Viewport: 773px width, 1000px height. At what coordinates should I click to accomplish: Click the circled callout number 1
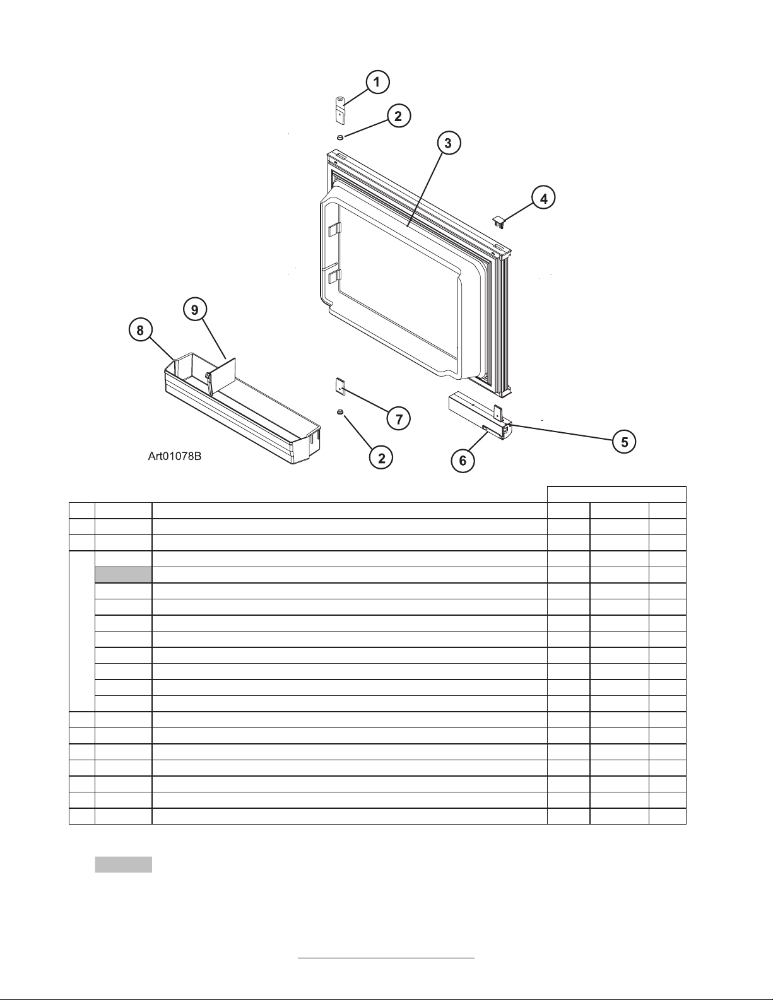pyautogui.click(x=377, y=83)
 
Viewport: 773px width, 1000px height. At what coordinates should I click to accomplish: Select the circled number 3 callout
pyautogui.click(x=448, y=143)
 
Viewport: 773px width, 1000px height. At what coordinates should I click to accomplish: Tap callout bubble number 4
pyautogui.click(x=543, y=198)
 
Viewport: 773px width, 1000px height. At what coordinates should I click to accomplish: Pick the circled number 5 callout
pyautogui.click(x=624, y=442)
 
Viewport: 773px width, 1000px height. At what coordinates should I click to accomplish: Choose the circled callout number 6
pyautogui.click(x=463, y=460)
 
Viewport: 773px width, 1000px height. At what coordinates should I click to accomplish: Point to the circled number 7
pyautogui.click(x=398, y=419)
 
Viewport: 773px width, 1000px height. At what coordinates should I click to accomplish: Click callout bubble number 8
pyautogui.click(x=140, y=330)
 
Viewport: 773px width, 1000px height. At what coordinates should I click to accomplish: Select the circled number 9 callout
pyautogui.click(x=195, y=310)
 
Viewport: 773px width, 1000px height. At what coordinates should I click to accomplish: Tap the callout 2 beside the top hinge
pyautogui.click(x=398, y=116)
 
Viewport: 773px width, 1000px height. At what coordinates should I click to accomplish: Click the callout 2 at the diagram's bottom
pyautogui.click(x=381, y=458)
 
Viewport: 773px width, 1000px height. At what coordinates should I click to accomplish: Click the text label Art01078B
pyautogui.click(x=174, y=456)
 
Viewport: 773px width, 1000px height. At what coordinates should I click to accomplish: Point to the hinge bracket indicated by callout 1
pyautogui.click(x=339, y=110)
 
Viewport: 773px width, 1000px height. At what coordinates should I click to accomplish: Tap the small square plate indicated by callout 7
pyautogui.click(x=341, y=385)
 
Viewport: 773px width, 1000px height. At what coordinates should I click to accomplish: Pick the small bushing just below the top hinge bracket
pyautogui.click(x=340, y=137)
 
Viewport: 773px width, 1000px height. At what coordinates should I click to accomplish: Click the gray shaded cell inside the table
pyautogui.click(x=123, y=575)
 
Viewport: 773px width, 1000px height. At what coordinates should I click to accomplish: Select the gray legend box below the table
pyautogui.click(x=123, y=865)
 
